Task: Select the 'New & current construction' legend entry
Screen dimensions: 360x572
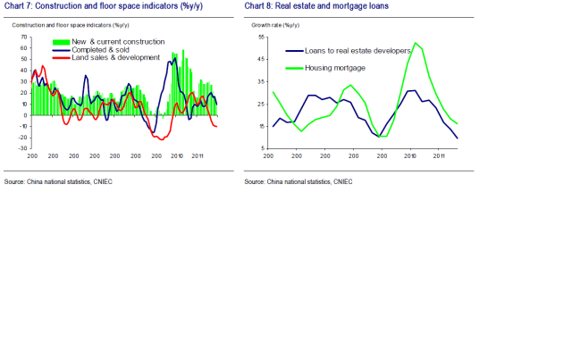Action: (111, 42)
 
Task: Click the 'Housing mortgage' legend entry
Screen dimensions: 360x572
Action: (334, 67)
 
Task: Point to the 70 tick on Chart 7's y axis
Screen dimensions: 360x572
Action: (25, 38)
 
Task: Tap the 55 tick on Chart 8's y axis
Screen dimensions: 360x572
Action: (261, 38)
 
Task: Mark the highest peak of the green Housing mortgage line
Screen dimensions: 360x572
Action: (417, 43)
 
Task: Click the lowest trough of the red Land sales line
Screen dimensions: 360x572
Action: (163, 139)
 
